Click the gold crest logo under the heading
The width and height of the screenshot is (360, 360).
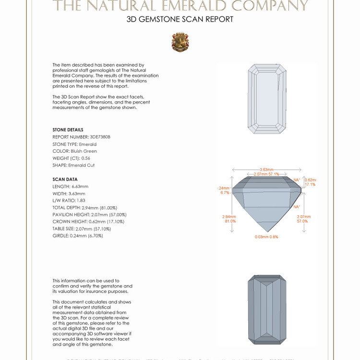[x=180, y=42]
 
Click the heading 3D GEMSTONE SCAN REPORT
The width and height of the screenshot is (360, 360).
[x=180, y=20]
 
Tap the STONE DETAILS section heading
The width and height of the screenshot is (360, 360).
[x=68, y=130]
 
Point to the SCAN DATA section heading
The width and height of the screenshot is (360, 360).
[x=65, y=179]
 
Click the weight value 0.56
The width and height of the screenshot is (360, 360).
[x=85, y=158]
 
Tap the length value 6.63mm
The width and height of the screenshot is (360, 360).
[x=80, y=186]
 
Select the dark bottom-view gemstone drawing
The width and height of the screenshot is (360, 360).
[x=266, y=310]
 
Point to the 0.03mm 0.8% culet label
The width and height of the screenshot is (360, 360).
[x=266, y=237]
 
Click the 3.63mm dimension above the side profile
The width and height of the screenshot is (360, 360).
[x=266, y=169]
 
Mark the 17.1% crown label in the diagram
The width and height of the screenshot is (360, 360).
[x=310, y=184]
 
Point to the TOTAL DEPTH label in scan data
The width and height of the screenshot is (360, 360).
[x=67, y=207]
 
